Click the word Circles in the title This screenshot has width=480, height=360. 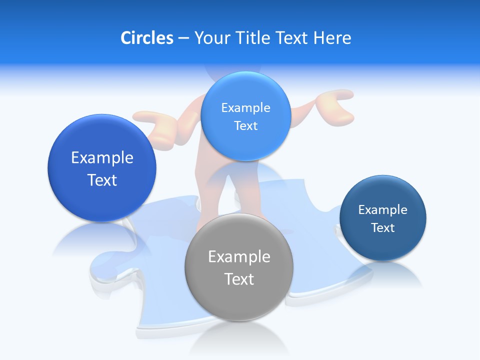tap(146, 38)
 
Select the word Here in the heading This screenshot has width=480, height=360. tap(332, 38)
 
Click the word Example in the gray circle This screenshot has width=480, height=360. tap(239, 257)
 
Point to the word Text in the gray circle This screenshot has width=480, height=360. tap(239, 279)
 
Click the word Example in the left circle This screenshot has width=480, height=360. tap(102, 158)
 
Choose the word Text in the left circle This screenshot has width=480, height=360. tap(102, 180)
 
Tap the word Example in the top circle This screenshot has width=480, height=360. tap(245, 107)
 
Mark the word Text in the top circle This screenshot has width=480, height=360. tap(245, 125)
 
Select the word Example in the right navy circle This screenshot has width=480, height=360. tap(382, 209)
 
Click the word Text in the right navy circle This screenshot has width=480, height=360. tap(382, 227)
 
